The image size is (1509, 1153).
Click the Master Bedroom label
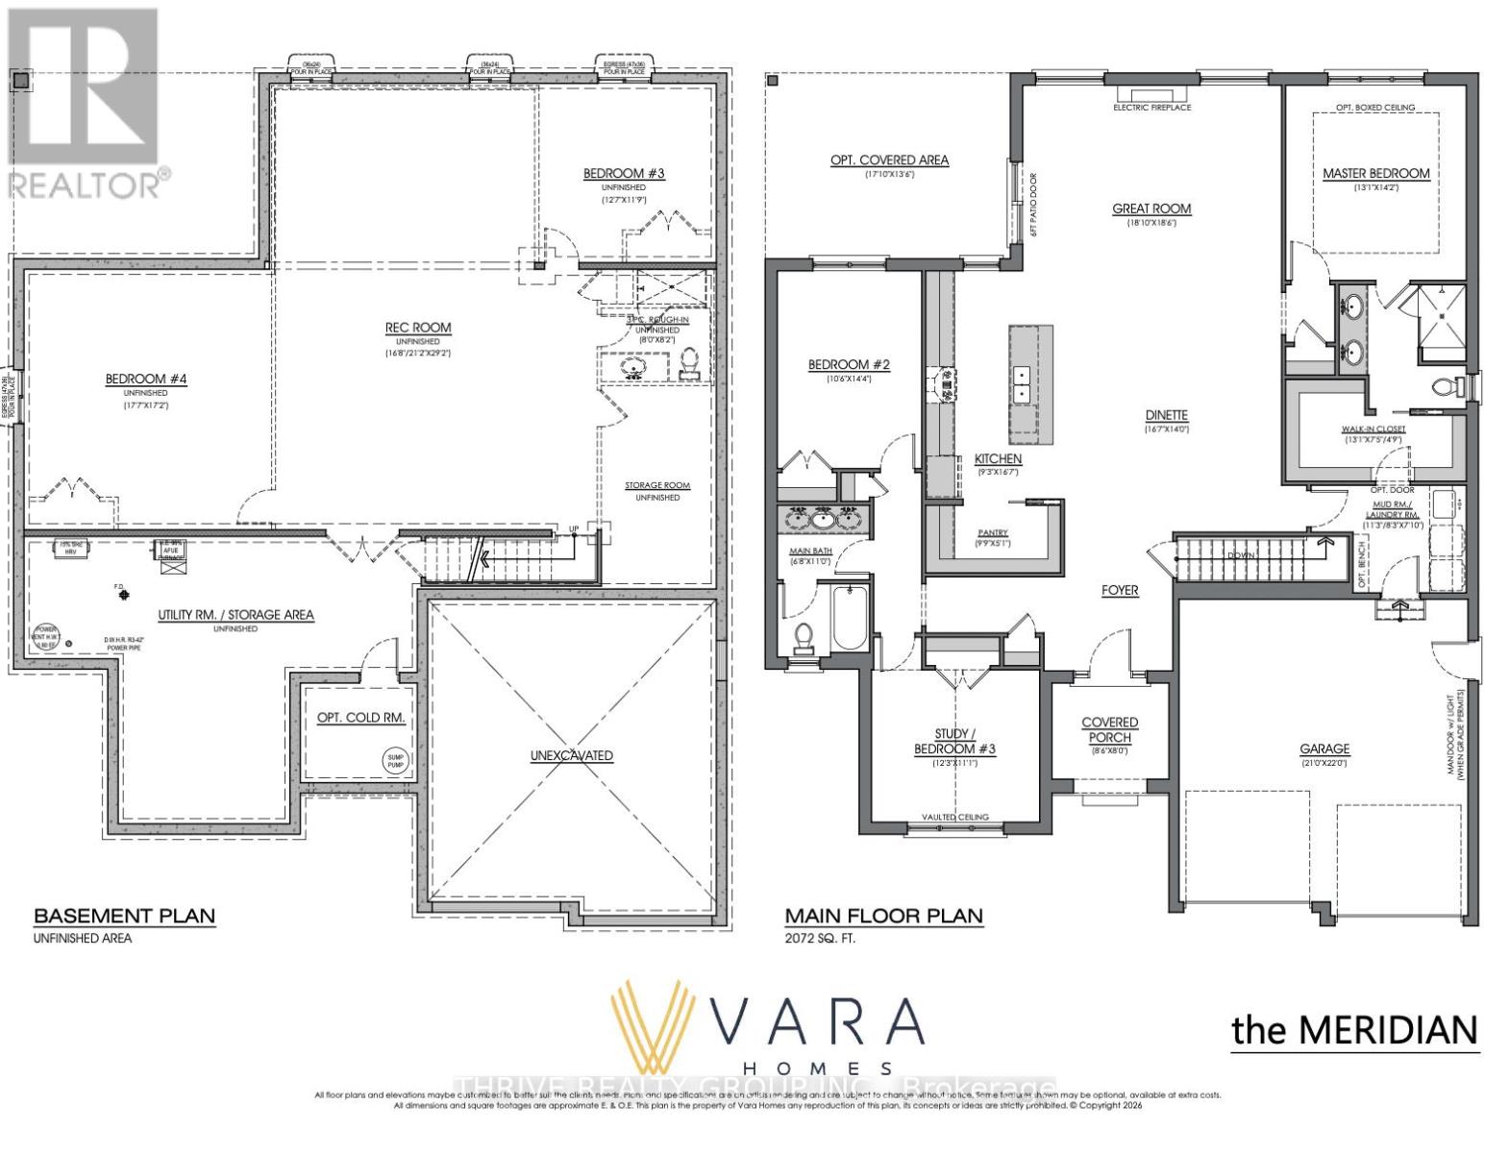[x=1375, y=174]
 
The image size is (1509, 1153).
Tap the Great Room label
[x=1151, y=209]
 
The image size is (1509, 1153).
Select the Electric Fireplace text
[x=1151, y=108]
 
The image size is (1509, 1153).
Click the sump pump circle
[x=396, y=760]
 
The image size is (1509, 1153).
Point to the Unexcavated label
[x=571, y=755]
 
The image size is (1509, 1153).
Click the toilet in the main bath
[x=804, y=638]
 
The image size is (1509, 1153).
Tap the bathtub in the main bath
[x=849, y=618]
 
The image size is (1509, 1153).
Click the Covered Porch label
[x=1109, y=729]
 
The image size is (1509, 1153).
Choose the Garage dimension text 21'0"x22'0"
[x=1324, y=762]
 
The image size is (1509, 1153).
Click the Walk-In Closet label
[x=1373, y=429]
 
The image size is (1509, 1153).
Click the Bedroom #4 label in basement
[x=146, y=380]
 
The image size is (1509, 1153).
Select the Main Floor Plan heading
[x=883, y=916]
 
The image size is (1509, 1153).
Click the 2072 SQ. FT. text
[x=820, y=938]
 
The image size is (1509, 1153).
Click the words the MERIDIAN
[x=1354, y=1030]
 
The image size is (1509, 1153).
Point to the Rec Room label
[x=418, y=328]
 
